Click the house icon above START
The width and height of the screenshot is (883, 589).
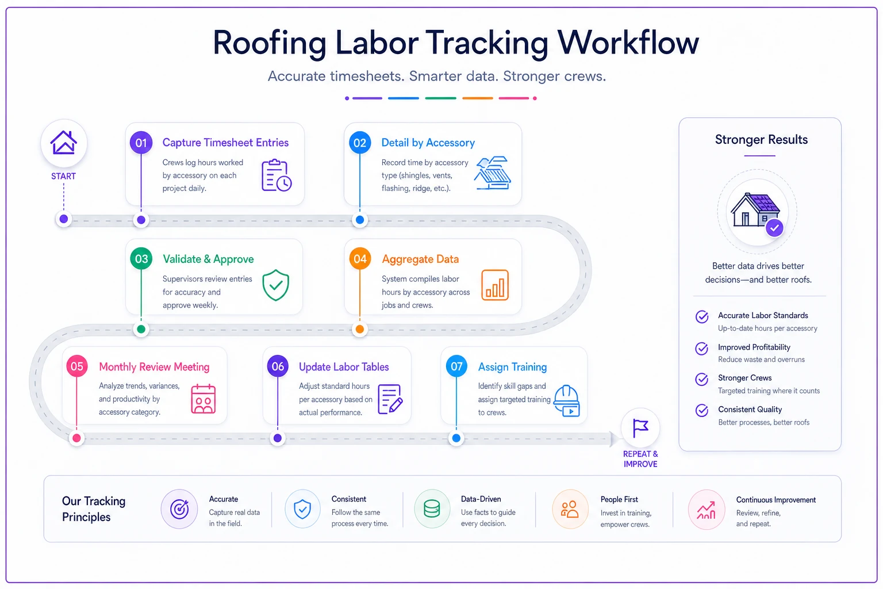pos(63,142)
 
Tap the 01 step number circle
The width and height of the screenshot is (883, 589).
pos(141,143)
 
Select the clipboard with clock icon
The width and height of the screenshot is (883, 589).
pos(277,175)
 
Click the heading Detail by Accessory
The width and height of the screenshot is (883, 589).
pos(428,143)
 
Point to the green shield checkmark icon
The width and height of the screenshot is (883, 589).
pos(275,285)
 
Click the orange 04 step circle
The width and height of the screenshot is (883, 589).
pos(360,259)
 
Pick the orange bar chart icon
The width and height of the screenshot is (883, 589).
pos(495,285)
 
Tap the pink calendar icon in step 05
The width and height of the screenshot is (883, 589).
pos(204,399)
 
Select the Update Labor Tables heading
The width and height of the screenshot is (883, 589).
pos(344,367)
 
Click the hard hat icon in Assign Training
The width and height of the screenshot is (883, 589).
pos(566,400)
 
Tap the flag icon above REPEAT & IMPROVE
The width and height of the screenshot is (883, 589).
pos(640,427)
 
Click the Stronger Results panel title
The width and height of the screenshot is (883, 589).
pos(761,139)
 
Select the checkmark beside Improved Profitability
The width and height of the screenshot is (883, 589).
pos(702,349)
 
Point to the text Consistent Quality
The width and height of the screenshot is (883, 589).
pos(750,410)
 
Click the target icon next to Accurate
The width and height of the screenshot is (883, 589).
pos(179,509)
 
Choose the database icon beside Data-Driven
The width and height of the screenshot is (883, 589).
pos(432,509)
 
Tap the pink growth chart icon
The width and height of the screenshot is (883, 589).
pos(707,510)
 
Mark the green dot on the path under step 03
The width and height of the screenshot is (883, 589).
pos(141,329)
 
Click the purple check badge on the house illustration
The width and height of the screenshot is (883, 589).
pos(774,228)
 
